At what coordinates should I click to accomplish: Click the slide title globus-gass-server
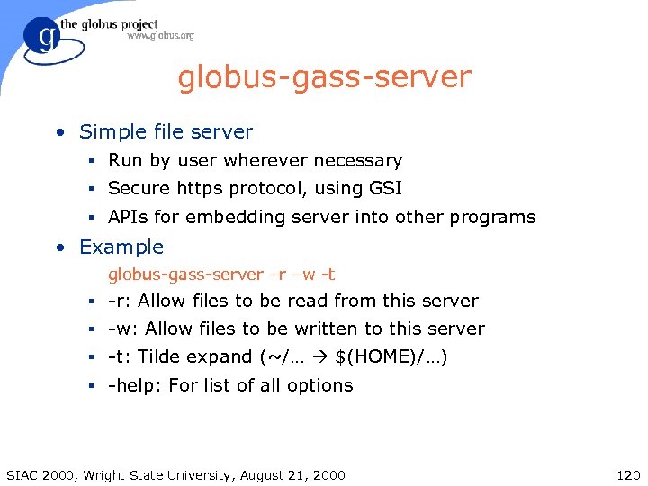[324, 77]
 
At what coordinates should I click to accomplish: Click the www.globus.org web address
[160, 37]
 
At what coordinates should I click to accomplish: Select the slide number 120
[626, 474]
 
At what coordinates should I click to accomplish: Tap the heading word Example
[121, 247]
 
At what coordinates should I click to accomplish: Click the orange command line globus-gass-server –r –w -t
[221, 274]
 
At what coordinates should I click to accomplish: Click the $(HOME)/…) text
[391, 357]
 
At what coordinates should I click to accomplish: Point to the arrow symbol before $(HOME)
[320, 357]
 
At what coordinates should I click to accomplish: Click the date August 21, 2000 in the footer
[294, 474]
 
